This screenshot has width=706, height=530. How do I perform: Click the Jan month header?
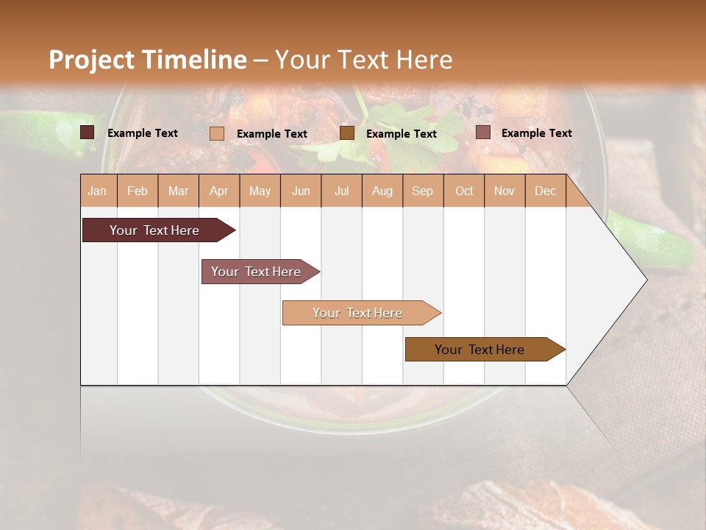point(98,191)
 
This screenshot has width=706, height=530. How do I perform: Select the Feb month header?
point(138,191)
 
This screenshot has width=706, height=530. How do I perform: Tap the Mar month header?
point(178,191)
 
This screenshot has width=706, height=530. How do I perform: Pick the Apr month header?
point(219,191)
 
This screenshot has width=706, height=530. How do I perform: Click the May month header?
point(260,191)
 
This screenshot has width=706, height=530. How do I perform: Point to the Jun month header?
point(301,191)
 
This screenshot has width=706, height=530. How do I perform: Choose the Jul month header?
point(341,191)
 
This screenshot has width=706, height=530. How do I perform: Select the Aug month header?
point(382,191)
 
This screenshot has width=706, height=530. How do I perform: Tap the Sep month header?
point(423,191)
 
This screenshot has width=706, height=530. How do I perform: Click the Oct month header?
point(464,191)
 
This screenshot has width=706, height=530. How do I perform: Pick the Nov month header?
point(504,191)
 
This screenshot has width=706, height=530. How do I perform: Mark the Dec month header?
point(546,191)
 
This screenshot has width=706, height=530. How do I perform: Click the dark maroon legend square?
point(88,132)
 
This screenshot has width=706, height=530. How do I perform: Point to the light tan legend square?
point(217,133)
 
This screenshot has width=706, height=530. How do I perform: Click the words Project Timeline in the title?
point(148,60)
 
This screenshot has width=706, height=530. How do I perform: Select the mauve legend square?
point(483,132)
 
